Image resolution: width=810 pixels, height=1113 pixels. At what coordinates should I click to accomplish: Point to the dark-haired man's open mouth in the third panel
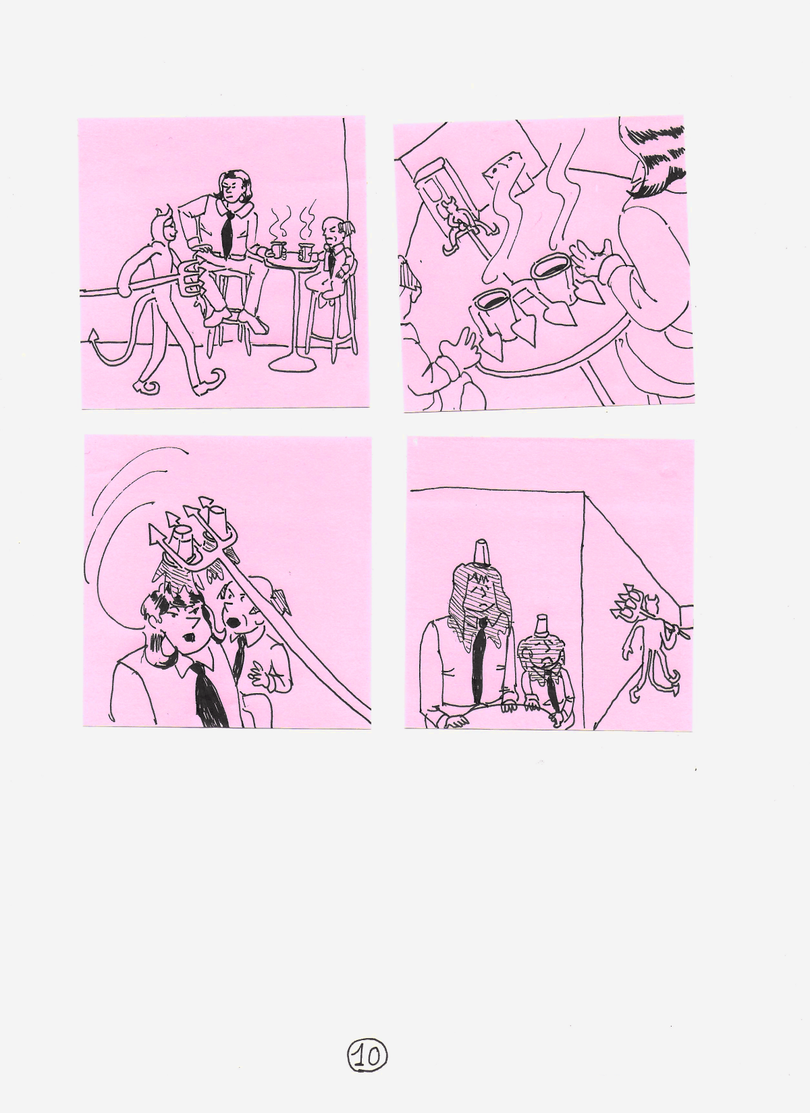click(x=191, y=636)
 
